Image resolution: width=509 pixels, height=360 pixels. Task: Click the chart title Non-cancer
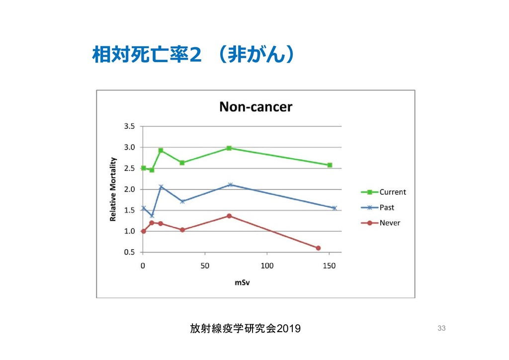[x=256, y=106]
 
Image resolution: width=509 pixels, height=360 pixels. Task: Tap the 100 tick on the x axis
[x=267, y=266]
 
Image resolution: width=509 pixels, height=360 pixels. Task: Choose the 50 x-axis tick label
[x=205, y=266]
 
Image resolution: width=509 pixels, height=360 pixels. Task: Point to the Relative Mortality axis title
[x=113, y=189]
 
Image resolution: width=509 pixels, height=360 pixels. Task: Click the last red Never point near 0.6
[x=318, y=248]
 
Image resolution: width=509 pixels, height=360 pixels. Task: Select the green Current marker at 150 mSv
[x=330, y=165]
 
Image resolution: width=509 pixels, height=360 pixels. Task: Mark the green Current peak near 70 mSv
[x=229, y=148]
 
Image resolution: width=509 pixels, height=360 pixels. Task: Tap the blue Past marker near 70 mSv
[x=230, y=184]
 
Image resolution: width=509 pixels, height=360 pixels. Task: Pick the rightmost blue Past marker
[x=335, y=208]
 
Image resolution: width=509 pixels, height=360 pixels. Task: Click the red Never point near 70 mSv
[x=229, y=216]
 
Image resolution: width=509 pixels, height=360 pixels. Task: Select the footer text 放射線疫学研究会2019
[x=245, y=328]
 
